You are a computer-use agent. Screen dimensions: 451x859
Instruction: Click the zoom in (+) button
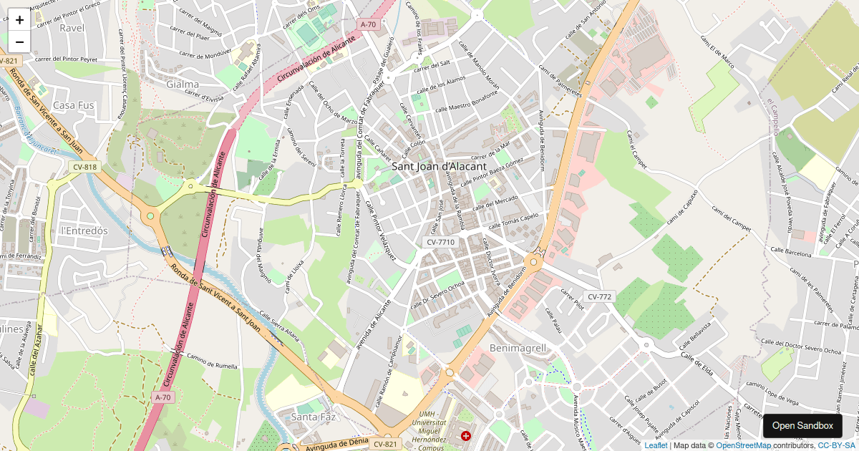coord(19,20)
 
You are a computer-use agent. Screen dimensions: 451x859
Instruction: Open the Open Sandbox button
coord(802,426)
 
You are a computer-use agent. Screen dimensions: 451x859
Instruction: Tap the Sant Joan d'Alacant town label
coord(439,166)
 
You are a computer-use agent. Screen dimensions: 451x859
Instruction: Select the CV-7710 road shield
coord(440,242)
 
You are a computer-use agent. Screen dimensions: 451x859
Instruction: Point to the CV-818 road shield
coord(84,167)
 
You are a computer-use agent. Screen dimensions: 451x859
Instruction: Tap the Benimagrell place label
coord(518,348)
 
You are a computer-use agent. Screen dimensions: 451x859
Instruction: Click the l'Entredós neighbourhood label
coord(84,231)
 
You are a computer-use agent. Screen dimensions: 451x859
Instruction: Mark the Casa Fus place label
coord(74,105)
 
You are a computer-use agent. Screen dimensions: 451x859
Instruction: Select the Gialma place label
coord(182,84)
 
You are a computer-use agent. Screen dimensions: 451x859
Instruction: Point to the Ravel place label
coord(72,28)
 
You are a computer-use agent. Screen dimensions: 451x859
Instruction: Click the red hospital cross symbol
coord(466,435)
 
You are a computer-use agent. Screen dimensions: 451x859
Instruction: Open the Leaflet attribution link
coord(656,445)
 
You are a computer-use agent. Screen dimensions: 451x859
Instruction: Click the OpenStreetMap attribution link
coord(743,445)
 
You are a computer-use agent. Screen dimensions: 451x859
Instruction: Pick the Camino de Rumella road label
coord(212,361)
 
